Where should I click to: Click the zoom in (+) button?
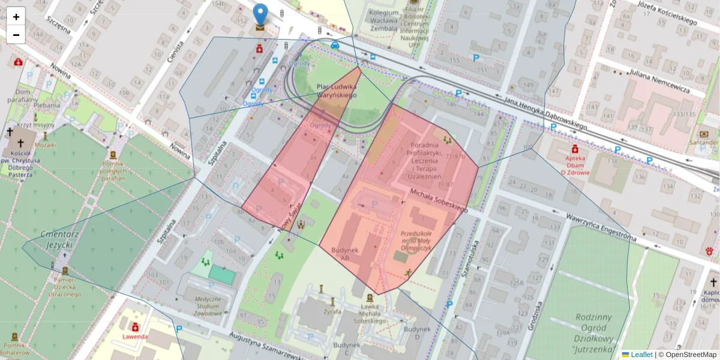click(x=16, y=17)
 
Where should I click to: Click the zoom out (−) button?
click(x=16, y=35)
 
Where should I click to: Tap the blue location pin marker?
click(x=260, y=16)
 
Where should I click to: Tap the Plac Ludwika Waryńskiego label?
click(x=337, y=91)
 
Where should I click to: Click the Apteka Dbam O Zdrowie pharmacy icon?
click(x=575, y=148)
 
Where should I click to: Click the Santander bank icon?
click(x=704, y=134)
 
